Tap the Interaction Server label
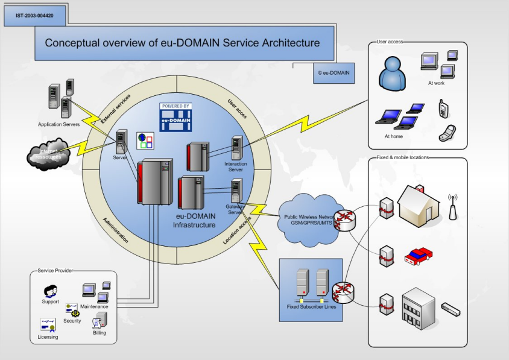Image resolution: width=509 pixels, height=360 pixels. [235, 166]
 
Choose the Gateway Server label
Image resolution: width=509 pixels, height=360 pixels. [235, 209]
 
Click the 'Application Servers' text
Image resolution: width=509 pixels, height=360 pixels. [58, 124]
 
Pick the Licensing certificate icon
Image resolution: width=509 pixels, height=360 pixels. [48, 324]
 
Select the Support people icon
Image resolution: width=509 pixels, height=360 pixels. [50, 290]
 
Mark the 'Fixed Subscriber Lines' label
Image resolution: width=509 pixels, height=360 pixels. [310, 307]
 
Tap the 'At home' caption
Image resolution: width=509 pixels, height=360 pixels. [393, 136]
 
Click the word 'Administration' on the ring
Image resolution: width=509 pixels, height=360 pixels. [115, 230]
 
